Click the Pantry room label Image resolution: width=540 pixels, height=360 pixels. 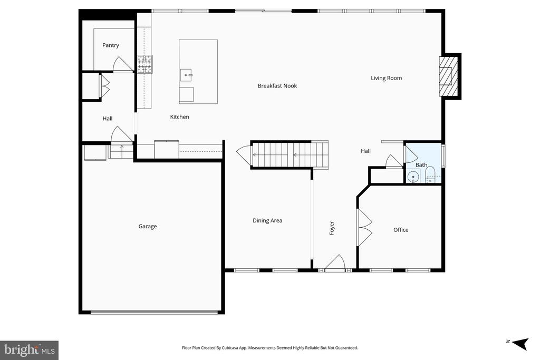click(111, 45)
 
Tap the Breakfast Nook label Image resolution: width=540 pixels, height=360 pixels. click(277, 86)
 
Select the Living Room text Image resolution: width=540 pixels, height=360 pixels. click(386, 78)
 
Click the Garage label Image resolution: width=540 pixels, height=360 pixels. click(148, 227)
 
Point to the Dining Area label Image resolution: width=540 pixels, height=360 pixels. click(267, 221)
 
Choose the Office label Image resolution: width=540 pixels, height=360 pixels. click(401, 230)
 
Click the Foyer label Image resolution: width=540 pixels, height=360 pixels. click(332, 228)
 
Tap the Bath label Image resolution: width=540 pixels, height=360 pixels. click(421, 165)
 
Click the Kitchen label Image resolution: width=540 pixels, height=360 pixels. click(179, 117)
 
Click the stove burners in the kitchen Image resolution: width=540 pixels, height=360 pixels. click(144, 64)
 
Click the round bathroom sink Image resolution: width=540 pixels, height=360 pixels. click(413, 177)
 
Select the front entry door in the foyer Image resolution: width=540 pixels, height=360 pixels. click(335, 264)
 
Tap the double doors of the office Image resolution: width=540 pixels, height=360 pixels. click(365, 227)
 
